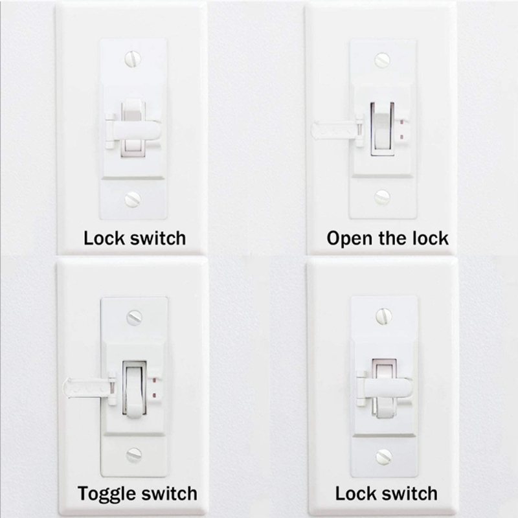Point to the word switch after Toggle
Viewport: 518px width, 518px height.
tap(168, 493)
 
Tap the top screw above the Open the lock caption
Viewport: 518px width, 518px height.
tap(382, 60)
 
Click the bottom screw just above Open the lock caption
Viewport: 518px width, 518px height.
tap(382, 197)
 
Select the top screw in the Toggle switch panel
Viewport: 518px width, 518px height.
tap(135, 317)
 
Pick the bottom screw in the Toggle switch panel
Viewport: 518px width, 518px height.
tap(134, 455)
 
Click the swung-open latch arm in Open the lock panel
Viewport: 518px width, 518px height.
tap(333, 130)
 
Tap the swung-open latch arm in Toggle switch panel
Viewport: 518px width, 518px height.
tap(86, 387)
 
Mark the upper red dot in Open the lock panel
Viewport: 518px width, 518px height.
tap(401, 122)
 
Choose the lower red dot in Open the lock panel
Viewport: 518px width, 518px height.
tap(401, 137)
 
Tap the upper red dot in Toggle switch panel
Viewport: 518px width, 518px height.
tap(154, 381)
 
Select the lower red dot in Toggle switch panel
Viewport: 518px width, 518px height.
tap(154, 395)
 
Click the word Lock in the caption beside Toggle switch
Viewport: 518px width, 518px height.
tap(355, 493)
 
